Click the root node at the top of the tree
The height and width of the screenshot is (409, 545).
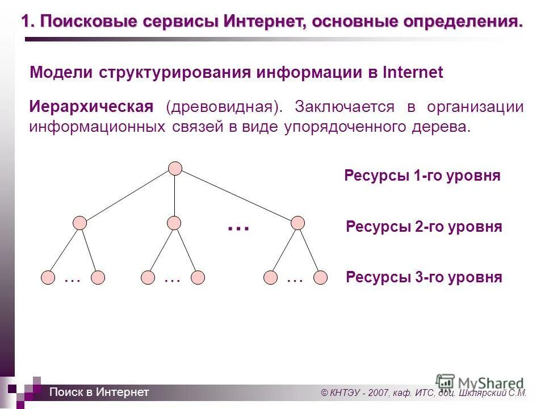[x=175, y=168]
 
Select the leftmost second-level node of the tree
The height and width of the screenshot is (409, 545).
[x=81, y=223]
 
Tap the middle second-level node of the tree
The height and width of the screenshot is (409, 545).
[x=174, y=223]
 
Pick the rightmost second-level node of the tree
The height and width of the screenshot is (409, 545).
[x=297, y=223]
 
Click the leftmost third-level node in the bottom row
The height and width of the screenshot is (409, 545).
[x=49, y=278]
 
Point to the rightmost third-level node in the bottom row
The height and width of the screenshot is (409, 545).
[x=321, y=278]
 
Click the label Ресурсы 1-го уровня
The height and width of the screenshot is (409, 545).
[x=422, y=176]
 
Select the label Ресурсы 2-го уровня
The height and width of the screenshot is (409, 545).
[x=424, y=227]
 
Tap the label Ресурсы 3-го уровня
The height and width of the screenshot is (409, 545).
[x=424, y=278]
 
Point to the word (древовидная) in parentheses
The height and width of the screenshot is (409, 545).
[x=224, y=107]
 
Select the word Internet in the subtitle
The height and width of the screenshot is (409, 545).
[x=413, y=73]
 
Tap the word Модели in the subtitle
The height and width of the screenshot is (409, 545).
[x=62, y=73]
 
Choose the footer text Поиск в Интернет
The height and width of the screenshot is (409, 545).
[x=99, y=392]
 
